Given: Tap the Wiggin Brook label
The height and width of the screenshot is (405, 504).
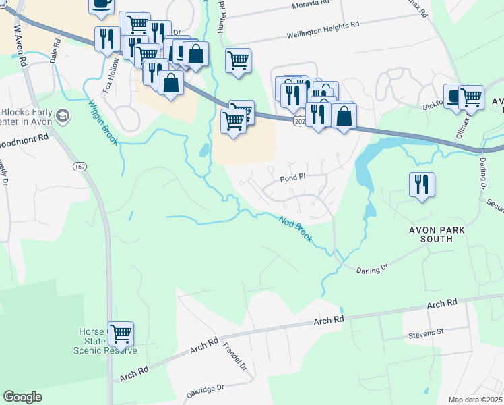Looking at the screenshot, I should point(98,119).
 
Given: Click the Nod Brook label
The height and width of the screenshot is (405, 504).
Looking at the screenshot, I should point(296,230).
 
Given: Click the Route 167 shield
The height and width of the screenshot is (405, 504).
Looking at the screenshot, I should point(80,166).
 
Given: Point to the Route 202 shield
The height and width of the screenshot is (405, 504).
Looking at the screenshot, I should point(301,121).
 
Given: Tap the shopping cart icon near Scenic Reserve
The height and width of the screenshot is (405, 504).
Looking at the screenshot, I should point(121,333).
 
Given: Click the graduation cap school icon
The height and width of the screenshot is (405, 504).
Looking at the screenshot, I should point(63,115).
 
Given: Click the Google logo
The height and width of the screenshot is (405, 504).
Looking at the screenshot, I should point(22,397).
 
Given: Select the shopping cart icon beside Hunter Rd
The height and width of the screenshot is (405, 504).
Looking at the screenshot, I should point(238,60).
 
